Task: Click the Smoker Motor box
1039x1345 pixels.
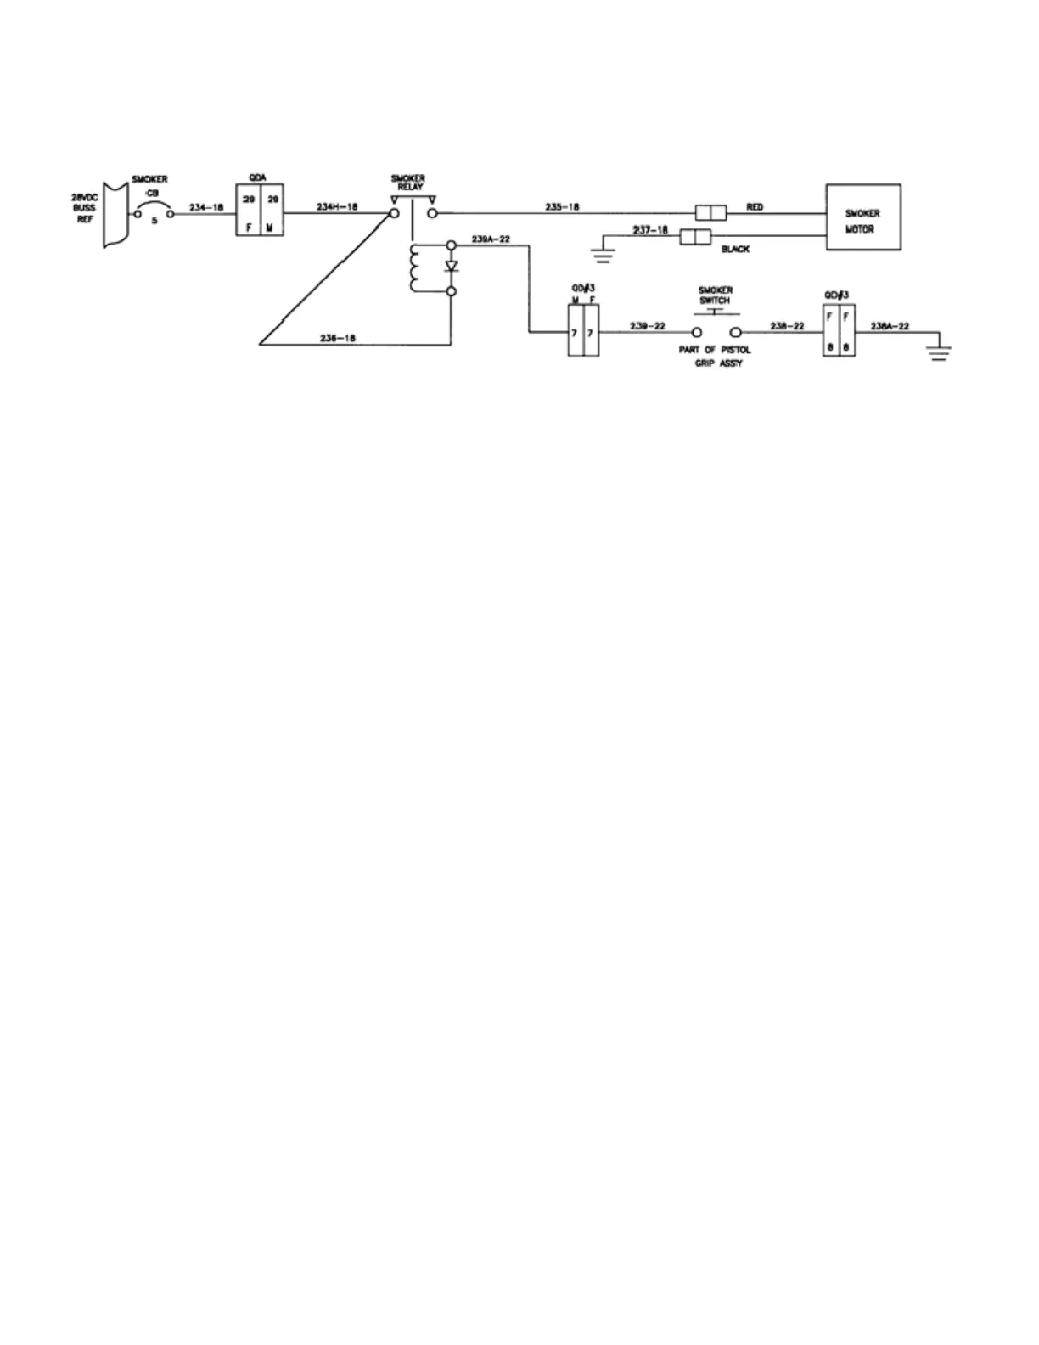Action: pos(863,217)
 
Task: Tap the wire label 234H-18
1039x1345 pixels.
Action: pos(336,206)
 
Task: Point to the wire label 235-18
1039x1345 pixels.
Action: pos(563,206)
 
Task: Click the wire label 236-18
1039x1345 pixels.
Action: pos(337,338)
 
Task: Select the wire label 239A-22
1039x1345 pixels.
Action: pos(490,239)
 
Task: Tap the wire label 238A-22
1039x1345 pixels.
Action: pos(890,325)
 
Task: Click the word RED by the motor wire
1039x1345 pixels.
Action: pos(754,206)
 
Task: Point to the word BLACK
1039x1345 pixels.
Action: pos(735,250)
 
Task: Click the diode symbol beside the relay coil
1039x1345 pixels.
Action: pos(452,267)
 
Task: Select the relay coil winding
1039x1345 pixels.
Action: pos(415,267)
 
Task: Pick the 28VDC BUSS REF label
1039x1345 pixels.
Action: pos(84,207)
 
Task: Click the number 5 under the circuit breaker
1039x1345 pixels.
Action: pos(154,222)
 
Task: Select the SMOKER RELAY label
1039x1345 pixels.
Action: pos(407,183)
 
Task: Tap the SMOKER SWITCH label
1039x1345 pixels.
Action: pos(715,295)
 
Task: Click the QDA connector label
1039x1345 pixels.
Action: pos(258,177)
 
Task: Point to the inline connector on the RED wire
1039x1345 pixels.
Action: pos(710,212)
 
